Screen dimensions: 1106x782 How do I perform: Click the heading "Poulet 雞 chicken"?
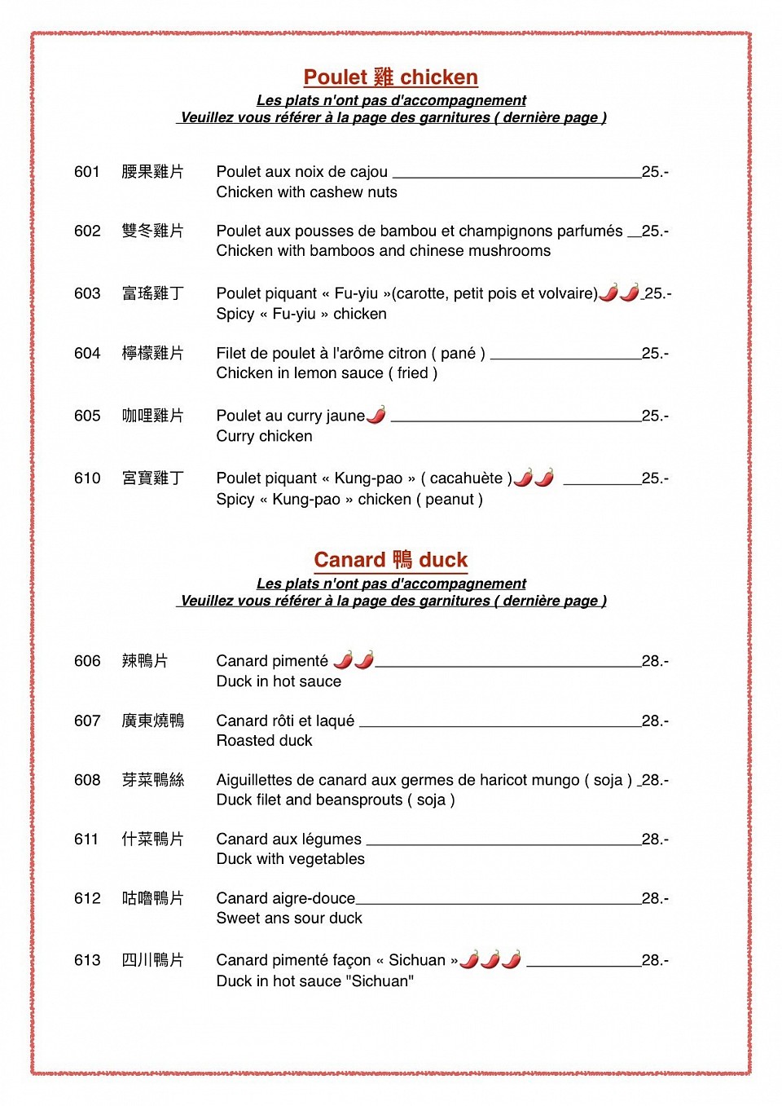tap(390, 77)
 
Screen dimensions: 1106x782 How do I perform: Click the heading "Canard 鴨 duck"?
tap(390, 560)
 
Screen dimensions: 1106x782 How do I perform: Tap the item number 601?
tap(86, 172)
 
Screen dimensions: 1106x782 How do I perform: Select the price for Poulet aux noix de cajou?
tap(654, 172)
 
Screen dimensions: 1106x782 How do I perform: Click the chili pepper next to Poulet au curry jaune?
tap(376, 415)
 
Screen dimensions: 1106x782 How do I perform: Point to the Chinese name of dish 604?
tap(152, 353)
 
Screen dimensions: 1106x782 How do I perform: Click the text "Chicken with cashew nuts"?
tap(306, 192)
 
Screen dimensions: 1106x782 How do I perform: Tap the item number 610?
tap(86, 478)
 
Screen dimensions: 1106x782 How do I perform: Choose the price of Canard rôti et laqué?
tap(654, 720)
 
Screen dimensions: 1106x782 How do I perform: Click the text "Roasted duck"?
tap(264, 741)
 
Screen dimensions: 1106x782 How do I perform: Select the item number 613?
tap(86, 960)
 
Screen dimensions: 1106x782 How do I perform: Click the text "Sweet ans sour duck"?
tap(289, 919)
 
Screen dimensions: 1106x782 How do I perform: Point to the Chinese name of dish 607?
tap(152, 720)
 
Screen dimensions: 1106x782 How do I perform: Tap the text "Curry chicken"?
tap(264, 436)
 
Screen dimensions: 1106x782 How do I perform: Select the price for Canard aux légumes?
tap(654, 839)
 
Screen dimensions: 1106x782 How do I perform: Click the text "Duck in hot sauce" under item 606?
tap(279, 681)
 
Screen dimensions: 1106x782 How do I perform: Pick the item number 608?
tap(86, 780)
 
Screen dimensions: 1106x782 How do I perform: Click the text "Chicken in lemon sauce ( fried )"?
tap(327, 373)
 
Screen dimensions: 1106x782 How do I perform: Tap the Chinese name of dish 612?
tap(152, 898)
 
